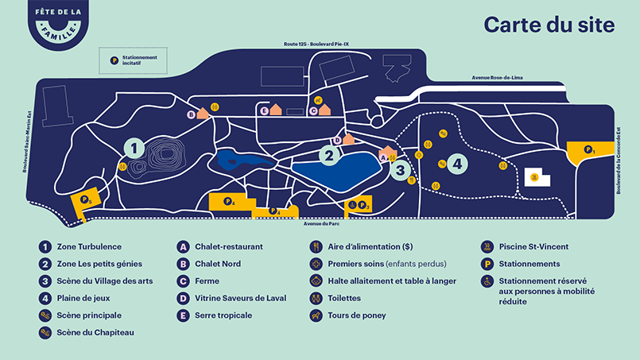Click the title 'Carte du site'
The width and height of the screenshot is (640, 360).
point(549,25)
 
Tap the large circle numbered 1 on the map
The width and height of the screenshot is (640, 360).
point(134,148)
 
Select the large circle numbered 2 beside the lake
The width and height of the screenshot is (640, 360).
point(328,156)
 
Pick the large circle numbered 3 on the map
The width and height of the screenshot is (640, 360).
point(401,170)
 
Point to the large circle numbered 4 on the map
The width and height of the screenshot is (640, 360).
point(456,164)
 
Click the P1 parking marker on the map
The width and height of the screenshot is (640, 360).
point(589,149)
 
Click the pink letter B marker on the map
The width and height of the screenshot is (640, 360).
point(191,114)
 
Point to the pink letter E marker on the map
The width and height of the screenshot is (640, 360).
point(264,111)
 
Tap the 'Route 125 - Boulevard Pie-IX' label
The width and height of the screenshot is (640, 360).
point(316,44)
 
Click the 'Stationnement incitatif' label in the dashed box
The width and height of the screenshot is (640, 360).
point(141,60)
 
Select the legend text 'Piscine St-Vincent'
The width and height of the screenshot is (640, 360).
point(533,246)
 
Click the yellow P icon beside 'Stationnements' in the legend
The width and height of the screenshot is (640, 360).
point(486,264)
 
